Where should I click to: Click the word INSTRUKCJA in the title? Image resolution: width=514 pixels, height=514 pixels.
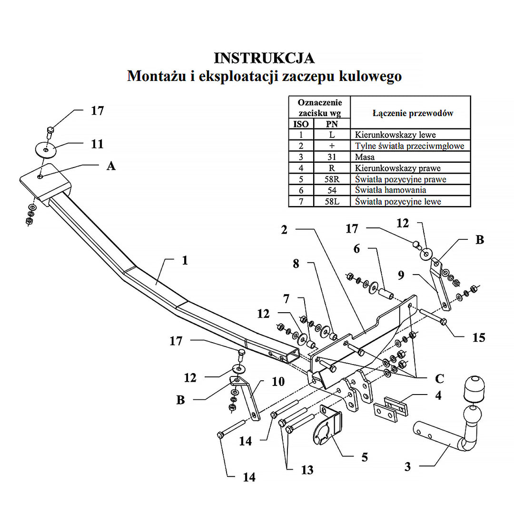(x=264, y=58)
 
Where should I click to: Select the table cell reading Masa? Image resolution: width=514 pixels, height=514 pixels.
(x=365, y=157)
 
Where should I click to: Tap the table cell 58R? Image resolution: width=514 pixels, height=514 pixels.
(x=332, y=179)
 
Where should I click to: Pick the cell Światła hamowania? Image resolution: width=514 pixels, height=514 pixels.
(x=390, y=190)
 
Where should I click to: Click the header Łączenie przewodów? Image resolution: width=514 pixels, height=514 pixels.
(x=413, y=113)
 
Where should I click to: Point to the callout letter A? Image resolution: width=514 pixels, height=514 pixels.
(x=111, y=166)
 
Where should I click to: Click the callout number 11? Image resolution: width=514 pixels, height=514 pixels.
(x=97, y=143)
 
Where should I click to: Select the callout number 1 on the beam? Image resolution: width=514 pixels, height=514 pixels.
(x=185, y=260)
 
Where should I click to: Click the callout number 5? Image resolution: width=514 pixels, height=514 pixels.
(x=364, y=457)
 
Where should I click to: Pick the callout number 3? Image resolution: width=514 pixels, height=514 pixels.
(x=407, y=467)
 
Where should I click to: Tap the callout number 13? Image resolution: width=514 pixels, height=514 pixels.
(x=307, y=470)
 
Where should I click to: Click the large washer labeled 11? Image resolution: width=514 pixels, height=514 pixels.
(x=46, y=150)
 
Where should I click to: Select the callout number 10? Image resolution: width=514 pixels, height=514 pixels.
(x=278, y=381)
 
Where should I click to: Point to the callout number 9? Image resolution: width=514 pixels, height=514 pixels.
(x=401, y=275)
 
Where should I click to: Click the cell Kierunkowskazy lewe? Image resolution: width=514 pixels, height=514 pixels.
(x=395, y=135)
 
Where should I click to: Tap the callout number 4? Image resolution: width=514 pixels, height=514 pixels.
(x=438, y=395)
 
